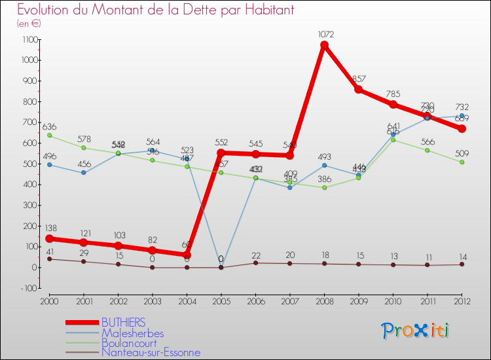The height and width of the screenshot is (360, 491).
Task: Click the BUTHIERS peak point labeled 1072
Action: tap(324, 45)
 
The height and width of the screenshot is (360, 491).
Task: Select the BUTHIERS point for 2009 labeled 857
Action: tap(359, 89)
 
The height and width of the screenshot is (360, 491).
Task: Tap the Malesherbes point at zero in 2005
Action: tap(221, 267)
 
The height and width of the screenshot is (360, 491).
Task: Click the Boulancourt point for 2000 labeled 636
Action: tap(49, 135)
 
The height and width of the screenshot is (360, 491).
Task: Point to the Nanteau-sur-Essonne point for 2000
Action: tap(49, 259)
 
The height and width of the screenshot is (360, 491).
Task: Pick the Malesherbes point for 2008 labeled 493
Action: tap(324, 165)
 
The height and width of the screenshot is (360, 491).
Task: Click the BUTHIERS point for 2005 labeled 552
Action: tap(221, 153)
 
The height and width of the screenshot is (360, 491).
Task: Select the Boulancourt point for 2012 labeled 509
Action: tap(462, 162)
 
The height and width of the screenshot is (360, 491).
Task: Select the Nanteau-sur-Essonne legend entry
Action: tap(151, 352)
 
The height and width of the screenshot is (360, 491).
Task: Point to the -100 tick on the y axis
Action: tap(29, 288)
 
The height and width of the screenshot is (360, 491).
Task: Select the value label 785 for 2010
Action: tap(393, 94)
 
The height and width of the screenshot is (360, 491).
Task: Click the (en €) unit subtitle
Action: tap(29, 24)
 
